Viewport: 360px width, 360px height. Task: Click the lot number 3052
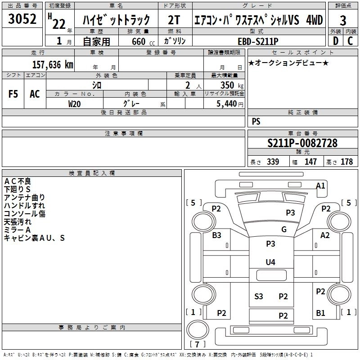(x=22, y=20)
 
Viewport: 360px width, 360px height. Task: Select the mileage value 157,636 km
(x=53, y=64)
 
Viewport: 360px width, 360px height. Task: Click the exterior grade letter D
(x=335, y=40)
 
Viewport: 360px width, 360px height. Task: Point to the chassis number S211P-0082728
(x=302, y=144)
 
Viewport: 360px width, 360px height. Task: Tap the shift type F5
(x=13, y=94)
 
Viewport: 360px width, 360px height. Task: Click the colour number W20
(x=75, y=103)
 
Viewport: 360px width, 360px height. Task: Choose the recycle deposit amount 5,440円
(x=230, y=103)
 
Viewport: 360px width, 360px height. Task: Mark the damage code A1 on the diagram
(x=320, y=185)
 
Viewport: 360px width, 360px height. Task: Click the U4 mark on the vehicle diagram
(x=270, y=262)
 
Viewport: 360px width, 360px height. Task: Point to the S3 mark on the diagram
(x=259, y=296)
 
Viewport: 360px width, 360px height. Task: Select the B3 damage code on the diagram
(x=217, y=235)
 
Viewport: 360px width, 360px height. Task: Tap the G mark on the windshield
(x=284, y=229)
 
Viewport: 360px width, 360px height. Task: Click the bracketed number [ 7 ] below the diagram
(x=198, y=344)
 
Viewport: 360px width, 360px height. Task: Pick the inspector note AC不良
(x=18, y=181)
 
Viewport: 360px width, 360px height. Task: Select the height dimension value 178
(x=346, y=162)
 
